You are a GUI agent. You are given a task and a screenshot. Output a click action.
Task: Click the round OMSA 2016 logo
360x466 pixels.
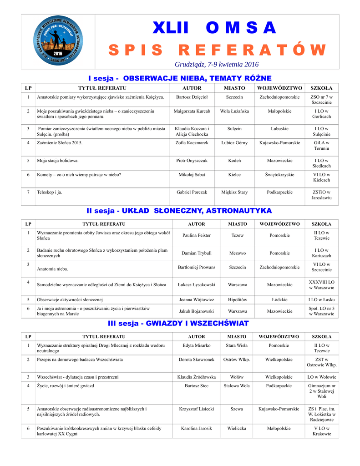58,42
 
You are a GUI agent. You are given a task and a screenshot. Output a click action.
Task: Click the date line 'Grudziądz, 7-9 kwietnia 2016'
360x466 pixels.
217,64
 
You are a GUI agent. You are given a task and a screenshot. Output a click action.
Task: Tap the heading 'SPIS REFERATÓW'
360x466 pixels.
217,50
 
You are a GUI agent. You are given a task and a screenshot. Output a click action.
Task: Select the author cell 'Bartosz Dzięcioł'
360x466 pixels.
192,97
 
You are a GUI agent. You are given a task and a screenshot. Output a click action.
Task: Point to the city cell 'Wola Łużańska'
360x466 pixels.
234,111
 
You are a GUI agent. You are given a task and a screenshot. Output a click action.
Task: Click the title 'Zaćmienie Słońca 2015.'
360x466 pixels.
60,143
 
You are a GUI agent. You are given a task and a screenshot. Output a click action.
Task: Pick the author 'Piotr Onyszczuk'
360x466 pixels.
192,161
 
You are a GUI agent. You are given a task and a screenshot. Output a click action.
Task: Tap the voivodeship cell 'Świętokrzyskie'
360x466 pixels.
279,174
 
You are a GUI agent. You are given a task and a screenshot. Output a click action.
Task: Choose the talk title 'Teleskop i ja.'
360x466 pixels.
50,192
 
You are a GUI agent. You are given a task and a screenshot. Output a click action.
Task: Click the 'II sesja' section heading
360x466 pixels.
103,211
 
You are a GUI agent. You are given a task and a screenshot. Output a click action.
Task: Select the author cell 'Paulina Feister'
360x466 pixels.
196,236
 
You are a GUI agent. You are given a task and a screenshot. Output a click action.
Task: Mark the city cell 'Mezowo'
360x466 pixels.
238,253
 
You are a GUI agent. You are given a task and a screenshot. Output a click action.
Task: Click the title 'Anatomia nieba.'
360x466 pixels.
52,269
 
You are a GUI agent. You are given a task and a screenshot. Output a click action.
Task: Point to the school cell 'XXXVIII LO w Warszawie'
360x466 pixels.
321,285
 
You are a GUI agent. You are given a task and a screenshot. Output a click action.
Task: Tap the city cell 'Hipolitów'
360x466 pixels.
238,300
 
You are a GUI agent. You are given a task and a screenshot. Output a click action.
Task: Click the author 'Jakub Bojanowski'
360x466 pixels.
196,311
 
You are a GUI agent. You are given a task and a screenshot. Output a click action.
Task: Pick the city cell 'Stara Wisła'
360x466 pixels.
237,345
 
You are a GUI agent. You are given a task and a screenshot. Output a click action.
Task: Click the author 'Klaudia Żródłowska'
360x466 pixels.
196,377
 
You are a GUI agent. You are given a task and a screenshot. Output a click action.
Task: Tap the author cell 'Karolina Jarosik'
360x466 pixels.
196,428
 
